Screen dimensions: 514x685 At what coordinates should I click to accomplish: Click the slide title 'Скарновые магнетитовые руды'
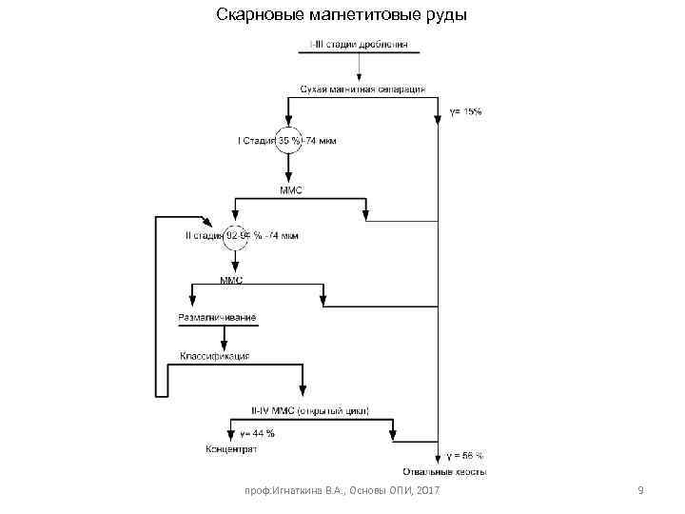342,15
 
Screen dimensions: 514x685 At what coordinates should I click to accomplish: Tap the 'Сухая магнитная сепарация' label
362,89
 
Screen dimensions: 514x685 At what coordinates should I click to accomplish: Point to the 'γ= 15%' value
466,111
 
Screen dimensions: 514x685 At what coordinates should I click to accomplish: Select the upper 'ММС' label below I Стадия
290,190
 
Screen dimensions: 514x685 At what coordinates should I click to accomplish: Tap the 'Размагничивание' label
217,317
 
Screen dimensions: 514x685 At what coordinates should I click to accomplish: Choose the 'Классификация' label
215,356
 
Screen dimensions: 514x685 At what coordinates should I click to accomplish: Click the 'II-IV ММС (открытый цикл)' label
309,411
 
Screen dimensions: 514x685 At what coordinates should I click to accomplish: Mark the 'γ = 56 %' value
465,455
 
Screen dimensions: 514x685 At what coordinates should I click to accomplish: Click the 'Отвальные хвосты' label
444,471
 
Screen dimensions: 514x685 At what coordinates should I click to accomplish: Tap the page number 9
641,490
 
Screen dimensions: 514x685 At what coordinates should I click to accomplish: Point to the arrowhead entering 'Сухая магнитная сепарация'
359,78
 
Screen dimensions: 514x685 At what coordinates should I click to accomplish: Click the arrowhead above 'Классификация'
225,345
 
